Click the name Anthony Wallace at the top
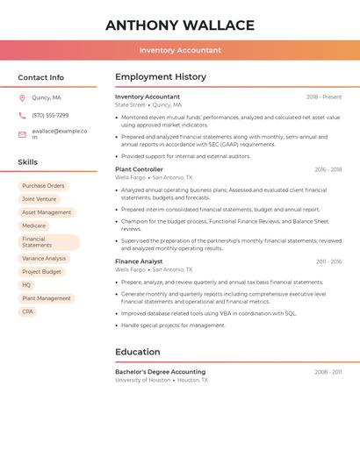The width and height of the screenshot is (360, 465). click(180, 25)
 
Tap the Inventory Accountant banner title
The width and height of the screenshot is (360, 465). click(180, 50)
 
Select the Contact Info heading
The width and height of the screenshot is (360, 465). click(41, 77)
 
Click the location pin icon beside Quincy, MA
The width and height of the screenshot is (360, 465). click(22, 98)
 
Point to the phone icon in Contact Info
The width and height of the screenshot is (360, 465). click(22, 115)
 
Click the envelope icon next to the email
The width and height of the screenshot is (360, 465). click(22, 134)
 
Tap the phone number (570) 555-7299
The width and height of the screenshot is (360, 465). click(50, 115)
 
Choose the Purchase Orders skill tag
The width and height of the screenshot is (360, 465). click(43, 186)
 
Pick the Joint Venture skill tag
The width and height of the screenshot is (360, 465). click(40, 199)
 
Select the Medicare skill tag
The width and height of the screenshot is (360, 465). click(33, 225)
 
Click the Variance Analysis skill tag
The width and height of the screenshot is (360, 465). click(44, 259)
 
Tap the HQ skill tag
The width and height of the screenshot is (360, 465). click(26, 285)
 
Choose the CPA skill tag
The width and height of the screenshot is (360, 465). click(27, 311)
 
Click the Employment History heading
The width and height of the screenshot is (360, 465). click(161, 77)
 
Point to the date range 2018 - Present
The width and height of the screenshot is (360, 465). click(324, 97)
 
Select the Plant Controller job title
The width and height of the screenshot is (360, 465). click(139, 169)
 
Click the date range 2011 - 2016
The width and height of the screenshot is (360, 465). click(328, 261)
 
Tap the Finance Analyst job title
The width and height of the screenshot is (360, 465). click(139, 261)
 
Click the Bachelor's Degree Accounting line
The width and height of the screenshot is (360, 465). click(160, 372)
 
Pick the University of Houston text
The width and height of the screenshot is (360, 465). click(142, 381)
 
